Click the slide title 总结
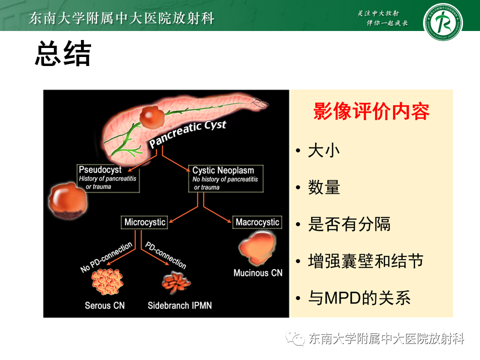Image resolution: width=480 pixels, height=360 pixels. pos(62,54)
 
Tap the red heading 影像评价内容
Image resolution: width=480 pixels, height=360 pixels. pos(371,111)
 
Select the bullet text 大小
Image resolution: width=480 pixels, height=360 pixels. pos(324,150)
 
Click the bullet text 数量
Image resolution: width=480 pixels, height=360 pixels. pos(324,187)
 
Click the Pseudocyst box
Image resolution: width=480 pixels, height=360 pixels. pos(107,178)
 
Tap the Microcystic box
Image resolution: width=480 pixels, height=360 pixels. pos(144,222)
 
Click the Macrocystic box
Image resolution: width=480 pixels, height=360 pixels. pos(257,222)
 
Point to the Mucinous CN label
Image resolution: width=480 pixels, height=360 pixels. pos(258,273)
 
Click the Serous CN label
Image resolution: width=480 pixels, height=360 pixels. pos(104,305)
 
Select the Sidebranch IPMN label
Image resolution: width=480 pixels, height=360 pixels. pos(179,305)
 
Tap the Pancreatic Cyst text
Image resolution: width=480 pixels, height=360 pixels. pos(187,133)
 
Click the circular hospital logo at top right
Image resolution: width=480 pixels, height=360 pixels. pos(442,23)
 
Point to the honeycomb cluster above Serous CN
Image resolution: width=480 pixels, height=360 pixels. pos(107,280)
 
